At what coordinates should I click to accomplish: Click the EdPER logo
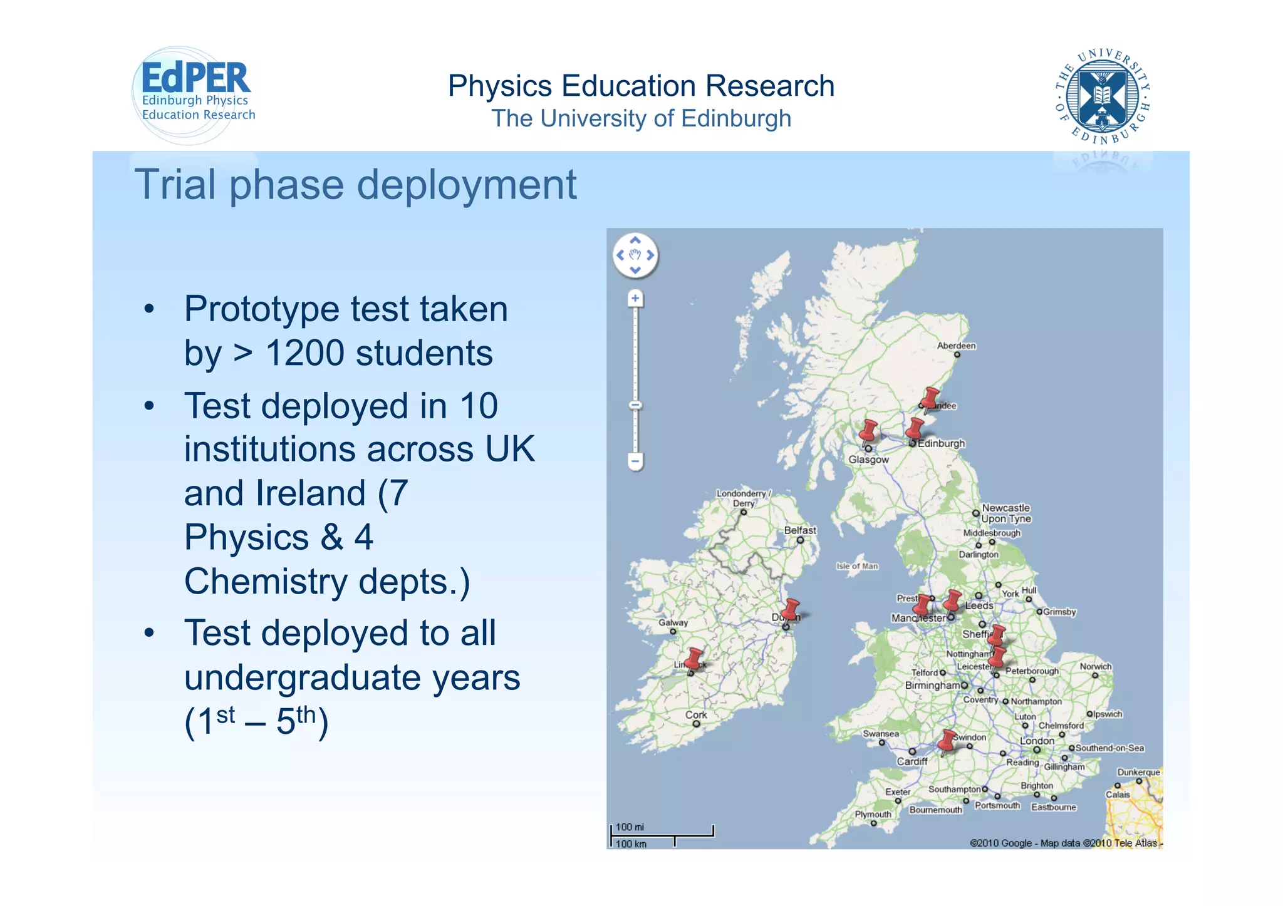(194, 94)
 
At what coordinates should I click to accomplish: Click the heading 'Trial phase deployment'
(355, 185)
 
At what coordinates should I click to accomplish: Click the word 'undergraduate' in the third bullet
(351, 677)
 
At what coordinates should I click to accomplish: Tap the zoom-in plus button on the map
(635, 299)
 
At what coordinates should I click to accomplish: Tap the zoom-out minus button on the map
(635, 462)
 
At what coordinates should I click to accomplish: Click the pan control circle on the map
(635, 255)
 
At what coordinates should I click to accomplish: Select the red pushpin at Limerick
(694, 658)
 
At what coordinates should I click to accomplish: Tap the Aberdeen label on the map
(956, 346)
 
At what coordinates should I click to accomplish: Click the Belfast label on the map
(800, 530)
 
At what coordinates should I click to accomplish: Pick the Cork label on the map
(696, 714)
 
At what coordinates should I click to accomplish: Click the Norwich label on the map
(1095, 666)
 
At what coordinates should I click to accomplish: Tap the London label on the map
(1037, 741)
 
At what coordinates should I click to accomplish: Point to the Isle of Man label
(857, 566)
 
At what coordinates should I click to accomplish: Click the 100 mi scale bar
(662, 831)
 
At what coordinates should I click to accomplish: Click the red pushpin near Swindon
(948, 740)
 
